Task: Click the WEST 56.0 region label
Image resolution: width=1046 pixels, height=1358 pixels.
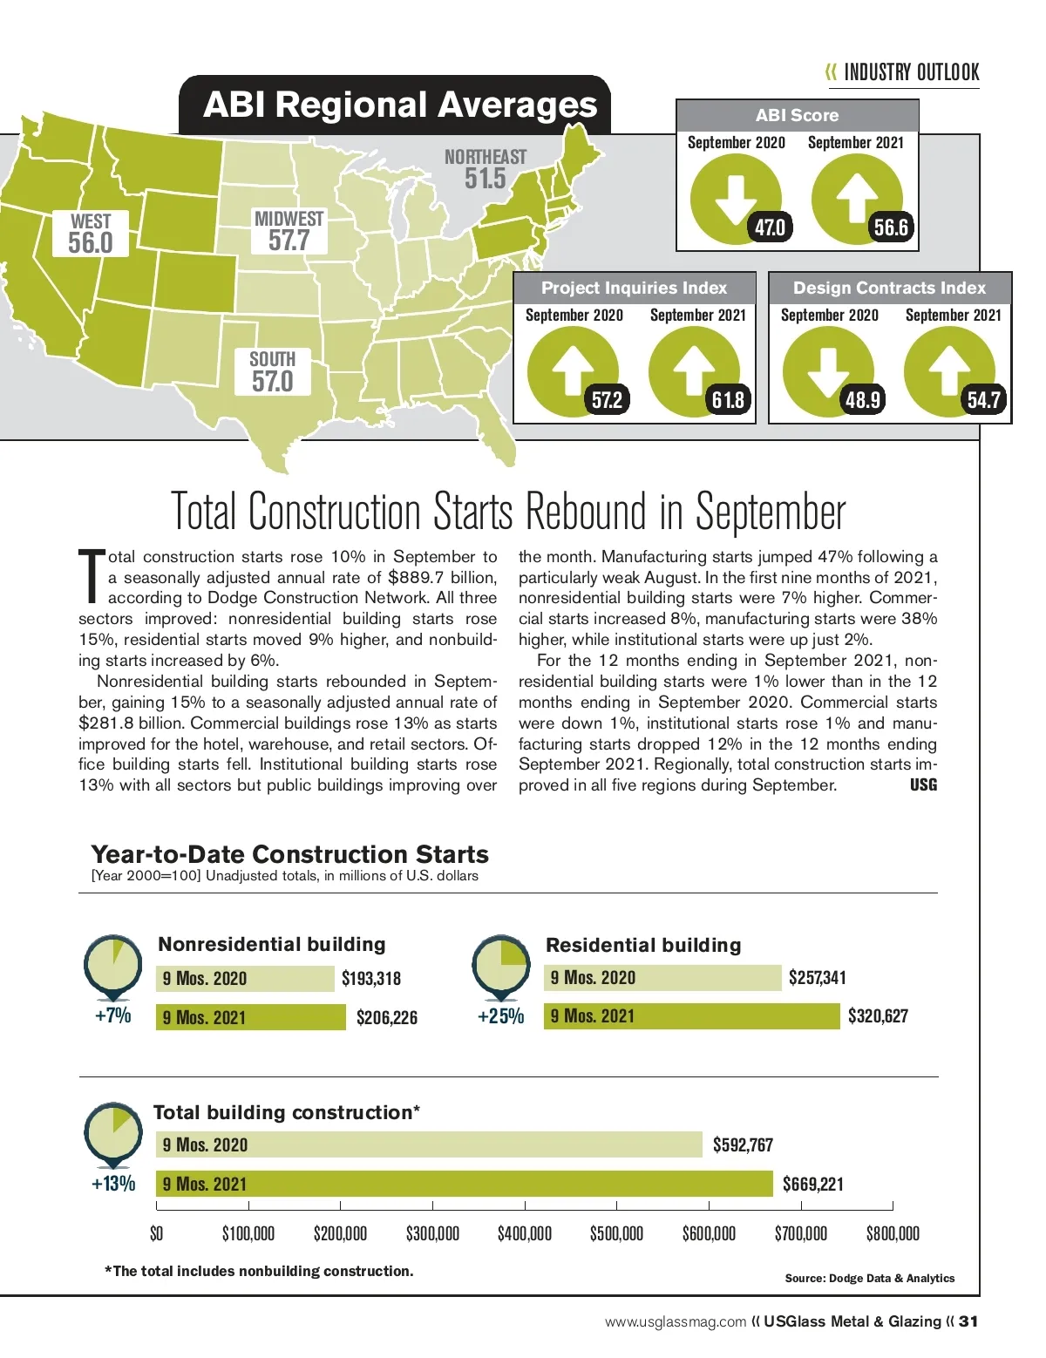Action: (91, 234)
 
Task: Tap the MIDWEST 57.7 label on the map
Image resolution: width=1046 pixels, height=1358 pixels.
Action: (289, 231)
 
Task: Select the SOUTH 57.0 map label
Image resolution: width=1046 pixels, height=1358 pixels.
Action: (273, 372)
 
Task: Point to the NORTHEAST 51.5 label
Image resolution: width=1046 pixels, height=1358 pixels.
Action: (486, 169)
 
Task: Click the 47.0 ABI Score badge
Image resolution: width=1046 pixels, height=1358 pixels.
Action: (770, 227)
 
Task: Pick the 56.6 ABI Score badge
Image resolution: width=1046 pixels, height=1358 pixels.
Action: (891, 227)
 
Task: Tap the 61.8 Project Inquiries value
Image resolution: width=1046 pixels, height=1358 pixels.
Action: (728, 399)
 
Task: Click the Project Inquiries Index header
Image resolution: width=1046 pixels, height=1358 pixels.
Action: (634, 288)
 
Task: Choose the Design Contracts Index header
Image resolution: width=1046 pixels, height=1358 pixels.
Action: (889, 288)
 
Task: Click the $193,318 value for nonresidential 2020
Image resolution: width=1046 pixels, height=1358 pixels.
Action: (371, 978)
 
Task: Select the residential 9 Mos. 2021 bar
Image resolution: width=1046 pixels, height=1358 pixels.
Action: (692, 1016)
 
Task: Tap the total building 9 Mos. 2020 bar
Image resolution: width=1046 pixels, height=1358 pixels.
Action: (430, 1144)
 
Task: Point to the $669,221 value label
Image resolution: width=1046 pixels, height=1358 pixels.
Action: (813, 1184)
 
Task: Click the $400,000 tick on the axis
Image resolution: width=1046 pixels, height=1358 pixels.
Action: (525, 1233)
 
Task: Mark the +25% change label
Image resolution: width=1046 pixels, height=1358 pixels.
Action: (500, 1016)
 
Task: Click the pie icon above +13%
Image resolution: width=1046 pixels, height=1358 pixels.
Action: (112, 1131)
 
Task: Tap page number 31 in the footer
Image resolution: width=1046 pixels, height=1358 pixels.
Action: (968, 1321)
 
